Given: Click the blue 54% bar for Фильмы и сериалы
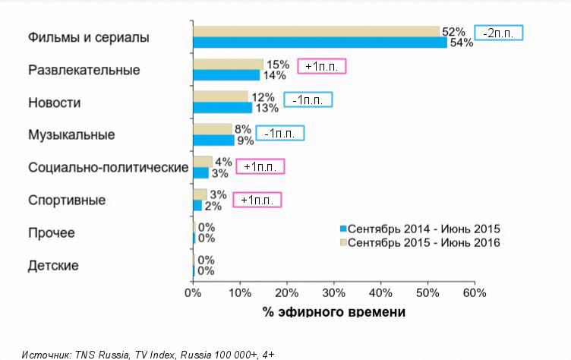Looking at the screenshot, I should pyautogui.click(x=319, y=43).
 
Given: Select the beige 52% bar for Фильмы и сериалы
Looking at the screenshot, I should pyautogui.click(x=316, y=31).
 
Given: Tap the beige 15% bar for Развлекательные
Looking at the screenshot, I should pyautogui.click(x=228, y=64).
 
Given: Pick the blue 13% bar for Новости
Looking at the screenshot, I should pyautogui.click(x=223, y=108).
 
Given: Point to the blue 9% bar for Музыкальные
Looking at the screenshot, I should pyautogui.click(x=213, y=141).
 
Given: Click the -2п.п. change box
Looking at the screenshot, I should pyautogui.click(x=499, y=33).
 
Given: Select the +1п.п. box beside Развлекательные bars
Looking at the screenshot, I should pyautogui.click(x=321, y=66).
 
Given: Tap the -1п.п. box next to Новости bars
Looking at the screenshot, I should pyautogui.click(x=308, y=99).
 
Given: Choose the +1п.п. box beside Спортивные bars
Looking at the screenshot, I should pyautogui.click(x=257, y=201).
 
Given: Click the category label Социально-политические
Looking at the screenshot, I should pyautogui.click(x=107, y=167).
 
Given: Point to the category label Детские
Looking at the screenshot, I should pyautogui.click(x=53, y=266).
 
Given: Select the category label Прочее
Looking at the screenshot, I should pyautogui.click(x=52, y=233).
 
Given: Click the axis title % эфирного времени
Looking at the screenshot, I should pyautogui.click(x=334, y=312).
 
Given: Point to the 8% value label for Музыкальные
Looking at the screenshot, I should pyautogui.click(x=242, y=129).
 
